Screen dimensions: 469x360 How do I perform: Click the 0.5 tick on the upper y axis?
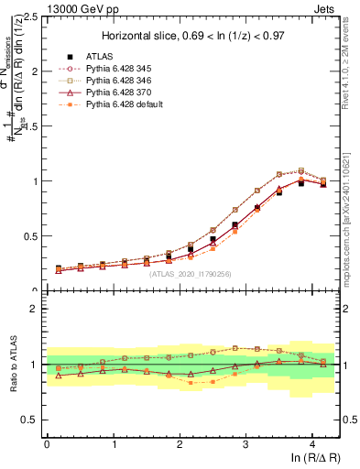click(x=29, y=236)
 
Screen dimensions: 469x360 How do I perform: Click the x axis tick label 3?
click(x=245, y=444)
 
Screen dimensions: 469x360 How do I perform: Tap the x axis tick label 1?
click(x=113, y=444)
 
